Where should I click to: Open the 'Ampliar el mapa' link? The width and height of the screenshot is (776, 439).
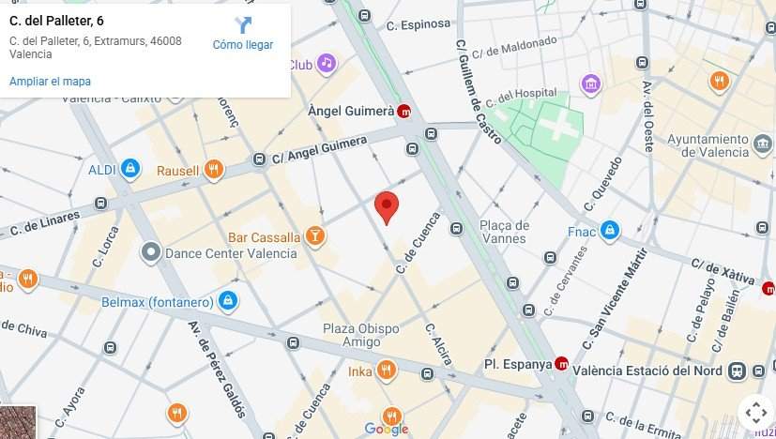coord(50,82)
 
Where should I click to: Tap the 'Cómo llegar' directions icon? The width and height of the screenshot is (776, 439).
coord(243,25)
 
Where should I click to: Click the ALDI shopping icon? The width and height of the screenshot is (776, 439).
coord(130,169)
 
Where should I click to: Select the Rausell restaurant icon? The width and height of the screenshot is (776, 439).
coord(215,170)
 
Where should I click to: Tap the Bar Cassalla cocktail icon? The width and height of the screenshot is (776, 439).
coord(315,236)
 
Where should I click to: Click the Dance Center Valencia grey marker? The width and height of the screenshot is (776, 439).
coord(150,252)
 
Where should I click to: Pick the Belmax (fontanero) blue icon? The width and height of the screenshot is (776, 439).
coord(226,301)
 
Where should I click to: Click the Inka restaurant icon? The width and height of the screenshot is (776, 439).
coord(386,371)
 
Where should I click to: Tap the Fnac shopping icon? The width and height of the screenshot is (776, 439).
coord(610,230)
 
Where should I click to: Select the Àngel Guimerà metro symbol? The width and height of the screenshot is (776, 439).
coord(404,111)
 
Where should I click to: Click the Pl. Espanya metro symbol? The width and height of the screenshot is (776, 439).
coord(562,364)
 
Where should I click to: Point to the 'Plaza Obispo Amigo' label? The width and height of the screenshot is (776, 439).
coord(361,335)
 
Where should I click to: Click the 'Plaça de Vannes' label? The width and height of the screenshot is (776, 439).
coord(504,232)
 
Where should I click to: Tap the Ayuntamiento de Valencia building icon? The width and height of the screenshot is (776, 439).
coord(763,144)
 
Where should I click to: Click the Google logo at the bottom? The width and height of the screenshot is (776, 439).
coord(387,430)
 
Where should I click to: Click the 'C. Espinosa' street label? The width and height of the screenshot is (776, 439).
coord(420,24)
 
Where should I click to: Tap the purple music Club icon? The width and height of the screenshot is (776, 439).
coord(326,64)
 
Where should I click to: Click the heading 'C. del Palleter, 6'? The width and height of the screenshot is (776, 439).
coord(56,20)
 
